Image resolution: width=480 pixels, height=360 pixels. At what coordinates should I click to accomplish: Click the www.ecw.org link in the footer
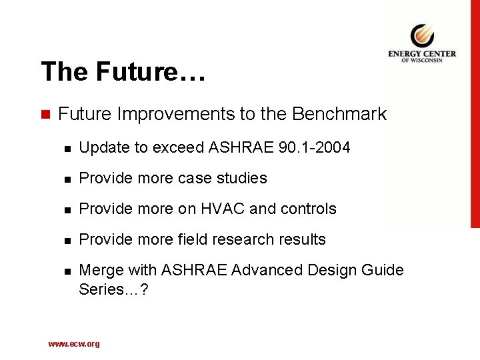(74, 344)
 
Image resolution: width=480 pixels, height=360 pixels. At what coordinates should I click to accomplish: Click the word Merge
(99, 270)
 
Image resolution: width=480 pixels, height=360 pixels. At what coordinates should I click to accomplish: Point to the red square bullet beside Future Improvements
(45, 115)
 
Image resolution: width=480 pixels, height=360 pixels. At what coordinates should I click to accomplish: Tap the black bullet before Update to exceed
(64, 148)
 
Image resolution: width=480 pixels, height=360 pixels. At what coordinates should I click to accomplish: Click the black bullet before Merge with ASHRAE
(64, 271)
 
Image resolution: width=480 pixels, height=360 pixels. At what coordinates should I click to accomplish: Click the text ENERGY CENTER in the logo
(421, 54)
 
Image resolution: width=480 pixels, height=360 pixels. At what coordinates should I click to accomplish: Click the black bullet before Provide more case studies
(64, 179)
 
